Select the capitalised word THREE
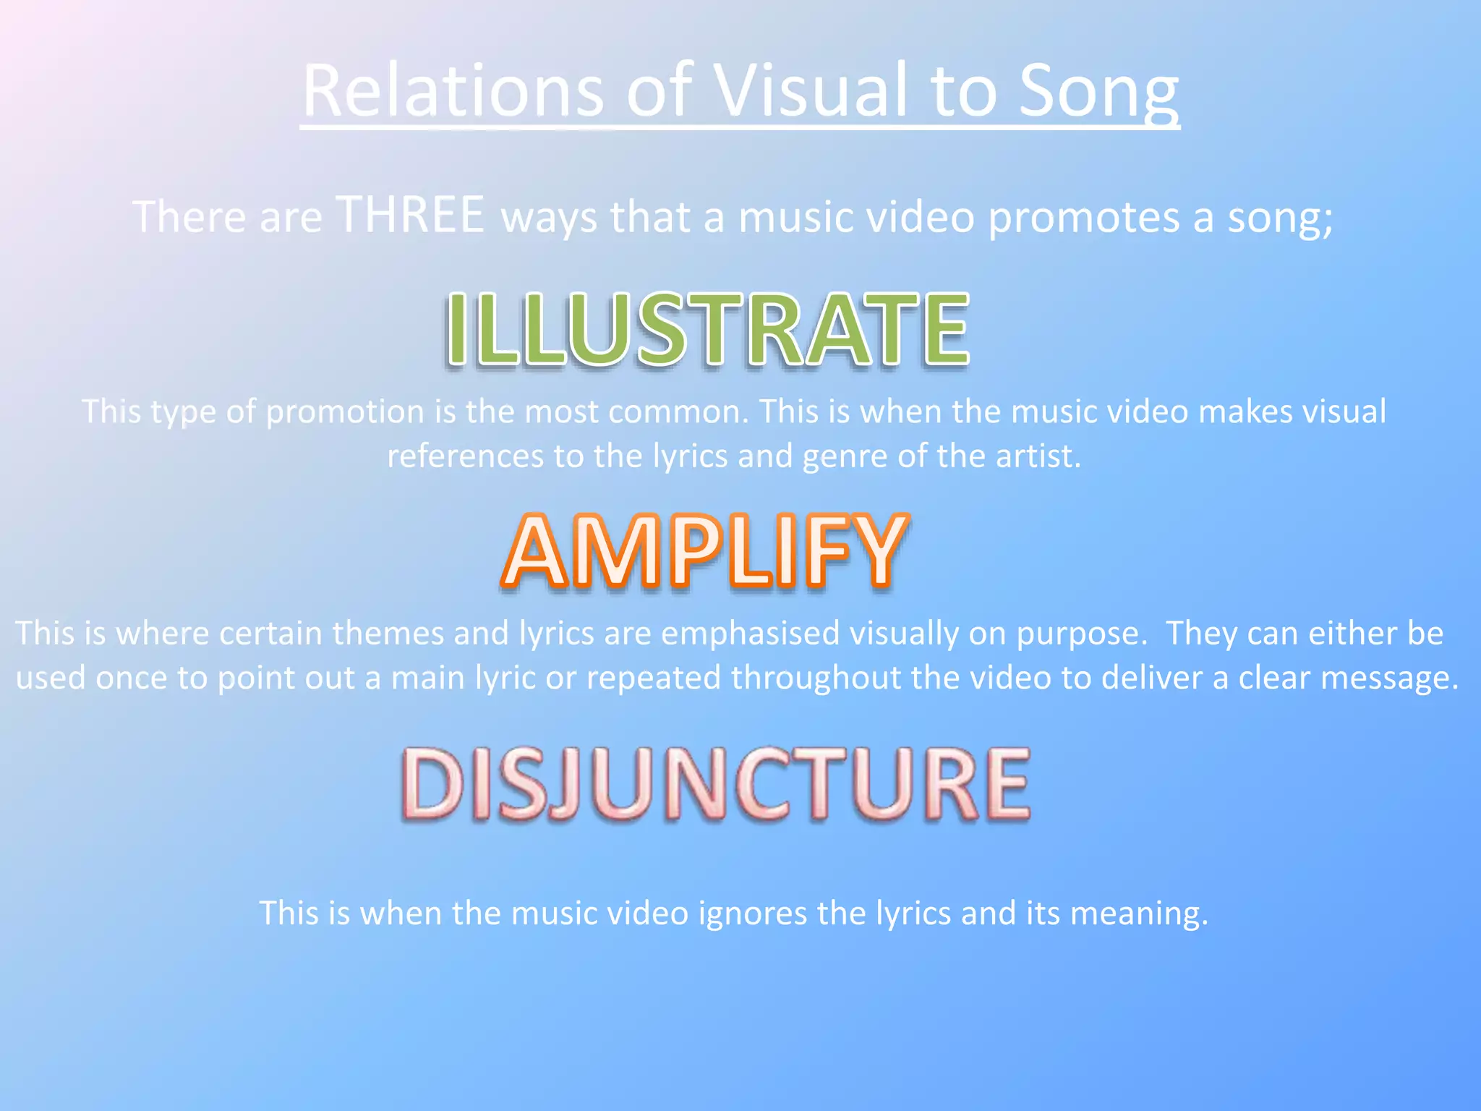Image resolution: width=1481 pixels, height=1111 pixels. point(411,215)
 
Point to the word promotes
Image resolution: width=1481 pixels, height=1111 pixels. point(1083,217)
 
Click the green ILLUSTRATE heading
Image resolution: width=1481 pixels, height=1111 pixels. point(707,329)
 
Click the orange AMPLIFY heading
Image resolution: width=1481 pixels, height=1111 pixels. point(704,551)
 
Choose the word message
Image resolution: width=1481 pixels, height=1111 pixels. point(1388,678)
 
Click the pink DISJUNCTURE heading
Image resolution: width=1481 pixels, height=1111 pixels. point(716,785)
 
